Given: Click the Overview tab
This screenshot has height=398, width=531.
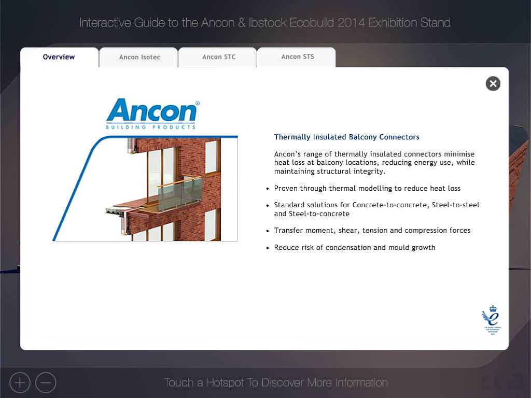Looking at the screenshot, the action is (x=59, y=57).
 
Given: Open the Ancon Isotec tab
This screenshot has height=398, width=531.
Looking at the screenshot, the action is (x=139, y=57).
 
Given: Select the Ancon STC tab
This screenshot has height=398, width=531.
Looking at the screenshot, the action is (x=219, y=57).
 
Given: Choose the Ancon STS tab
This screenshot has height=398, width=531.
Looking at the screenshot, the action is (x=298, y=57).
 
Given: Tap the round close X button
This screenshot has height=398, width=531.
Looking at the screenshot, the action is (x=493, y=83).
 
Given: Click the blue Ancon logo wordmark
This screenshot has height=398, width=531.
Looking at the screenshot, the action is (x=151, y=110).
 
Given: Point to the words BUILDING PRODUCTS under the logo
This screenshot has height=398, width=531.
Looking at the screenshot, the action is (x=151, y=127).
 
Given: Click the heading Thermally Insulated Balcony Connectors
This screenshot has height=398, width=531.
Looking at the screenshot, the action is (x=347, y=137).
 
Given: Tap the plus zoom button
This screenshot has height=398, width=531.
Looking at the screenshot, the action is (x=20, y=383).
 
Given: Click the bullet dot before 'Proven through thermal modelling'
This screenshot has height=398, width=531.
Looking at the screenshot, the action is (x=268, y=189).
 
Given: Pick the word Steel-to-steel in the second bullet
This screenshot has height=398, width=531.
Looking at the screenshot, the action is (x=455, y=205).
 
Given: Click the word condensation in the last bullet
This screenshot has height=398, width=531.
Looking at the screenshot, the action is (x=348, y=247).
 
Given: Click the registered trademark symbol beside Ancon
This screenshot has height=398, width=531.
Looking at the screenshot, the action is (x=198, y=103).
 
